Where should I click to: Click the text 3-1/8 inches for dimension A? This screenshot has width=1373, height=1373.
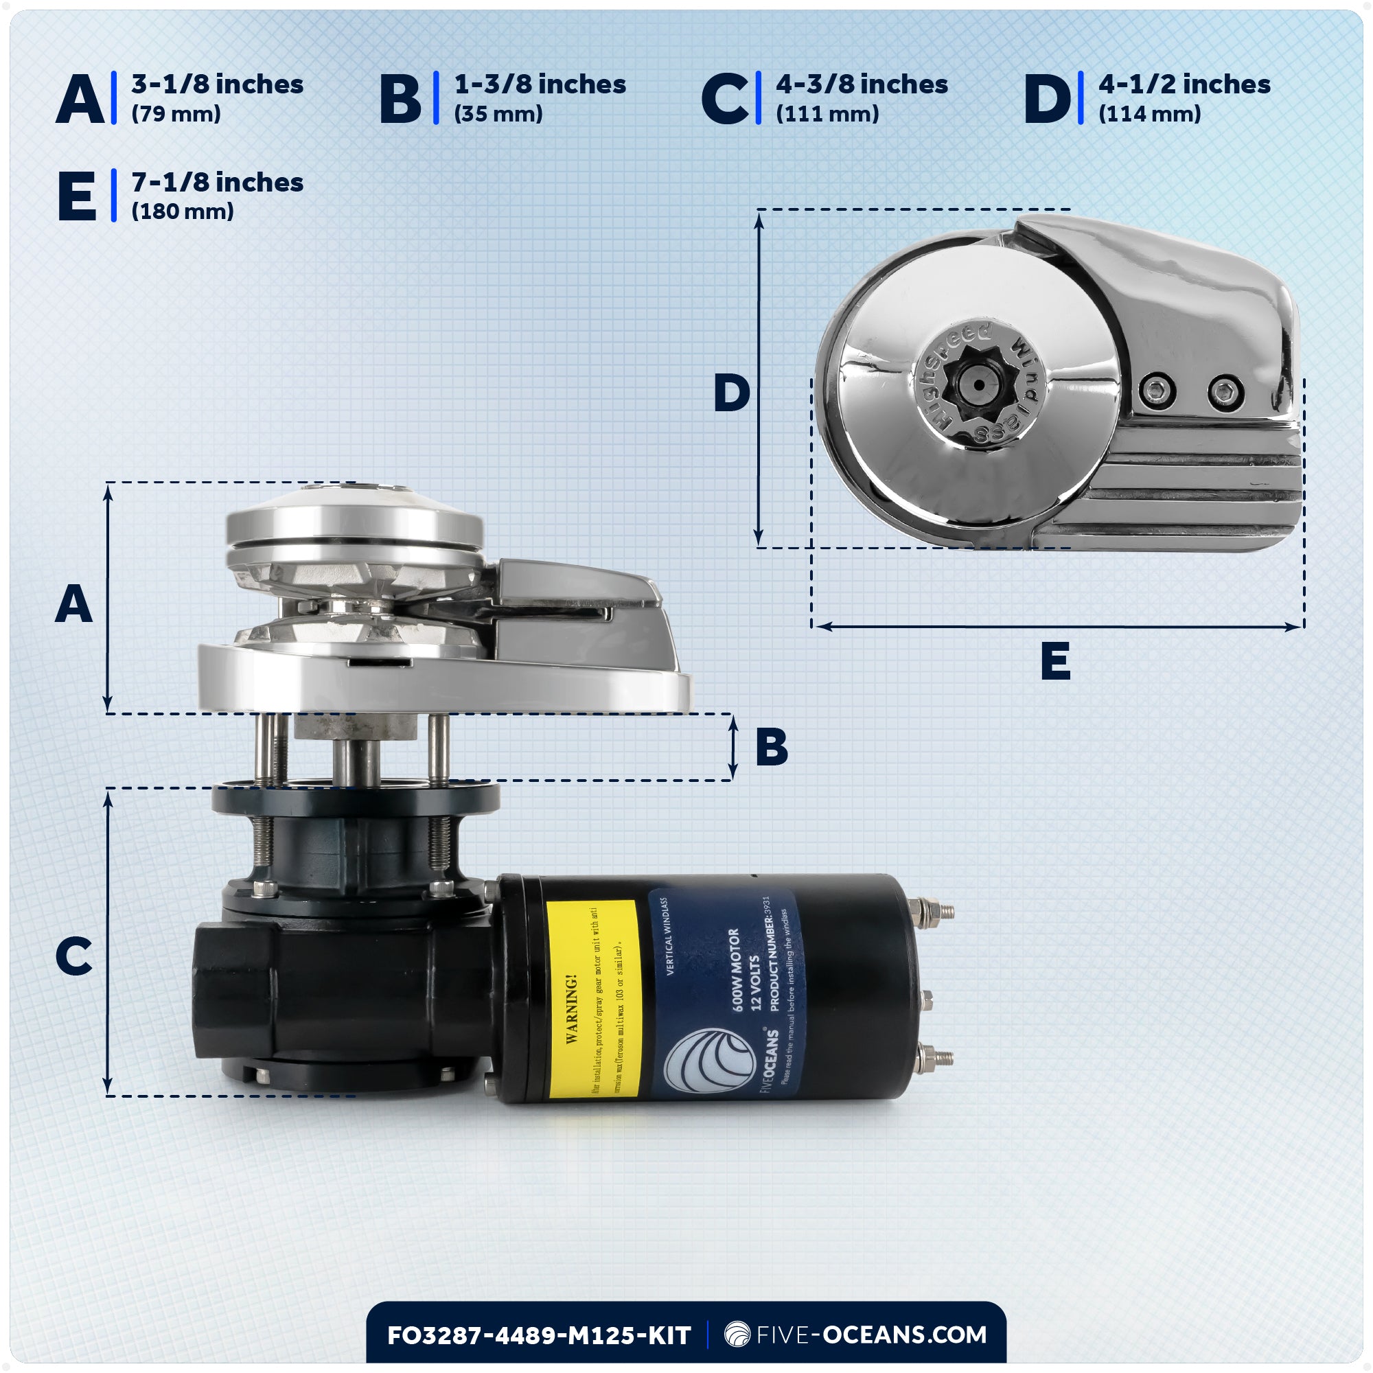click(217, 84)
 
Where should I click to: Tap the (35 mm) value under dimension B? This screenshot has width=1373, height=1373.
click(498, 114)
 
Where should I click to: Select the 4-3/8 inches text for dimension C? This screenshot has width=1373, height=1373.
click(862, 84)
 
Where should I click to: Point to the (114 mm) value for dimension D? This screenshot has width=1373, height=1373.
click(1149, 114)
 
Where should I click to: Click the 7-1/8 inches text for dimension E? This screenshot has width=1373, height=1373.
click(217, 183)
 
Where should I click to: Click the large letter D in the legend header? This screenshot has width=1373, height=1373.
click(1046, 99)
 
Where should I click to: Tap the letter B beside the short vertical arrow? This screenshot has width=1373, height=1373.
click(772, 747)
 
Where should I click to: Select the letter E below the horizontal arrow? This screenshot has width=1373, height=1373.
click(1055, 662)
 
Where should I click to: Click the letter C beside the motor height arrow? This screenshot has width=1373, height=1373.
click(74, 956)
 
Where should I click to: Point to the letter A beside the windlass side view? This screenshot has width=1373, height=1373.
click(74, 605)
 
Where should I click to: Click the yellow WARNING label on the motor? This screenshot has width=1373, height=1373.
click(594, 998)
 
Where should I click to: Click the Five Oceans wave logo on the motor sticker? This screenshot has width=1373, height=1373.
click(709, 1061)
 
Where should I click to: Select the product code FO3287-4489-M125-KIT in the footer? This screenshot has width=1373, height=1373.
click(539, 1335)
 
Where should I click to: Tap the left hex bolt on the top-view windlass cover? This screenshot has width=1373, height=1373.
click(1157, 390)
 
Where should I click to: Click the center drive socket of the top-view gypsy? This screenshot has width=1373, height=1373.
click(978, 384)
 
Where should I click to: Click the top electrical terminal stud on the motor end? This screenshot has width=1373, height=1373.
click(932, 910)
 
